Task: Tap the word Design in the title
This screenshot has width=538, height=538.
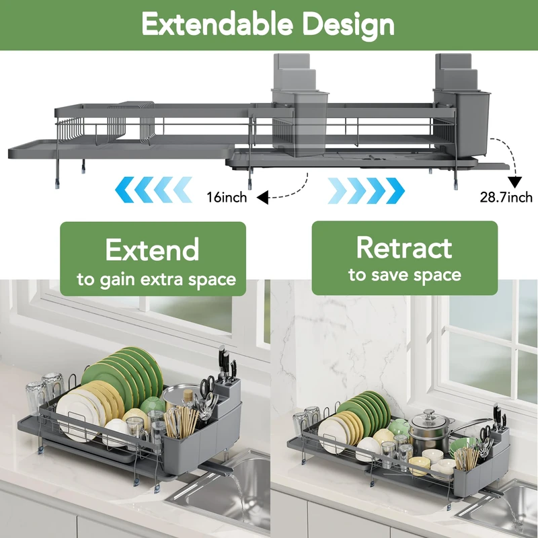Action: pyautogui.click(x=348, y=25)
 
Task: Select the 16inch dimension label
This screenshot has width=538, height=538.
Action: pyautogui.click(x=227, y=198)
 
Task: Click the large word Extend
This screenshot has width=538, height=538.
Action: pyautogui.click(x=153, y=249)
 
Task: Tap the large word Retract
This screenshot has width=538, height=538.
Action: pyautogui.click(x=404, y=247)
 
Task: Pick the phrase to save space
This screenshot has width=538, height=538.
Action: pyautogui.click(x=404, y=275)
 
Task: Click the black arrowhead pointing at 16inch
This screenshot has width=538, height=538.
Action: pyautogui.click(x=262, y=197)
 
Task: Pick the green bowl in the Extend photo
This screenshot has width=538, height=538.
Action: pyautogui.click(x=153, y=405)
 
